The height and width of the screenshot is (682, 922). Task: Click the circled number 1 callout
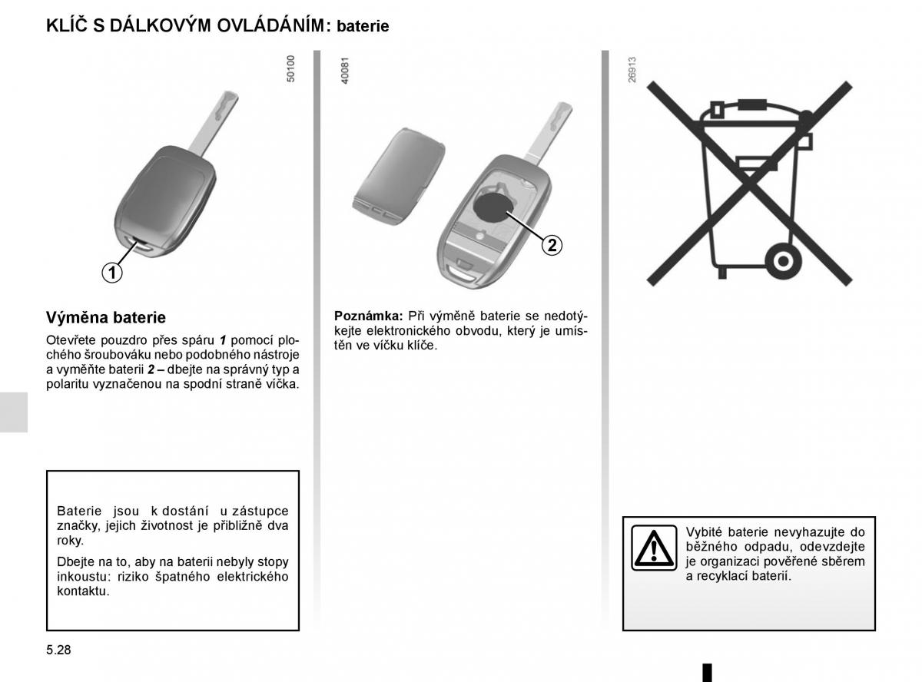(112, 271)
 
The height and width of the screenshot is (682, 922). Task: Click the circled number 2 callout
(551, 245)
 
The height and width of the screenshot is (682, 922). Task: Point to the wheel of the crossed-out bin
(782, 261)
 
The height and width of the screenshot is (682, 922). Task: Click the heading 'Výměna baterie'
(105, 317)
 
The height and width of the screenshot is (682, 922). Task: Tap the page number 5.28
(58, 650)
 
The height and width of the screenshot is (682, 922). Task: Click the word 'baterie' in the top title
(363, 26)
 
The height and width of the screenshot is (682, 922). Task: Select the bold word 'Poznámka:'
(368, 316)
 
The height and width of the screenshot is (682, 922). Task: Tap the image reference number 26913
(632, 69)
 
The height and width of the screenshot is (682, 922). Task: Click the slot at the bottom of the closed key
(142, 245)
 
